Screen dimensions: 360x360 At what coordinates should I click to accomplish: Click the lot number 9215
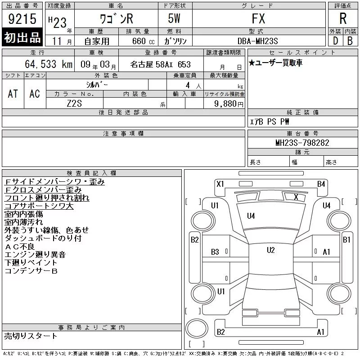coord(22,18)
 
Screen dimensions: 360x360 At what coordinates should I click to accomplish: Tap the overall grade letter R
coord(343,18)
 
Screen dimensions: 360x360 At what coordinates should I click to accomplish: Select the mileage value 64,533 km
coord(49,64)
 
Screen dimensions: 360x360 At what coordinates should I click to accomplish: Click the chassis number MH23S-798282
coord(302,143)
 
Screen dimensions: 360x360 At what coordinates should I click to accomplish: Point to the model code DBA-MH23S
coord(257,41)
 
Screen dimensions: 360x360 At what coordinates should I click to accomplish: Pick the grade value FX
coord(258,18)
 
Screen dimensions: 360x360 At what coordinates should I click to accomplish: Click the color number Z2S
coord(74,103)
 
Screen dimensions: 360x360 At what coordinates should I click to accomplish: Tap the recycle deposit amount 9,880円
coord(229,104)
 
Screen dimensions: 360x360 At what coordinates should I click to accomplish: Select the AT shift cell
coord(13,94)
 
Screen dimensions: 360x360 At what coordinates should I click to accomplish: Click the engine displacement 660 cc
coord(143,41)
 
